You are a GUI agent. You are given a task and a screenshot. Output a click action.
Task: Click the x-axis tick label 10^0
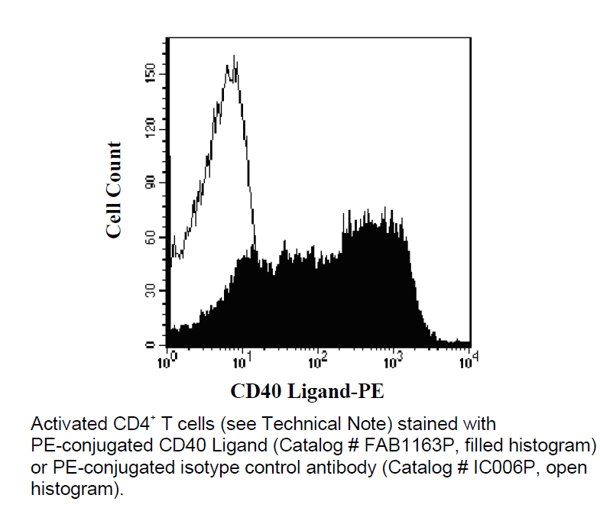(167, 359)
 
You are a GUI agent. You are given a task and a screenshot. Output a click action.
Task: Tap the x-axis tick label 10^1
(243, 359)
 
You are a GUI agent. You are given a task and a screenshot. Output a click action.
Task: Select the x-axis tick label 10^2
(319, 359)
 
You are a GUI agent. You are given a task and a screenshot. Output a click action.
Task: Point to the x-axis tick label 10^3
(394, 359)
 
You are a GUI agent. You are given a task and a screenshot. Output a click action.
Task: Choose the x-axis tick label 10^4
(468, 359)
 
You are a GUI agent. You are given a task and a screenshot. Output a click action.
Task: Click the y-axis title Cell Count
(114, 190)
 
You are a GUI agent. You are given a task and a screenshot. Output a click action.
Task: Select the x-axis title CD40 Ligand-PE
(307, 393)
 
